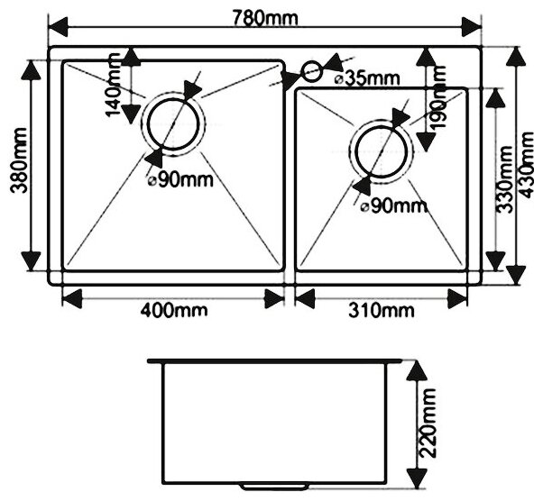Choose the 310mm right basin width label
click(x=382, y=312)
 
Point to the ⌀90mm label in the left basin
click(x=179, y=179)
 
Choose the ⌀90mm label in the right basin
click(x=391, y=206)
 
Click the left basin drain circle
click(x=170, y=123)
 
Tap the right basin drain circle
click(x=382, y=150)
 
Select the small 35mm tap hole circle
click(x=311, y=71)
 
